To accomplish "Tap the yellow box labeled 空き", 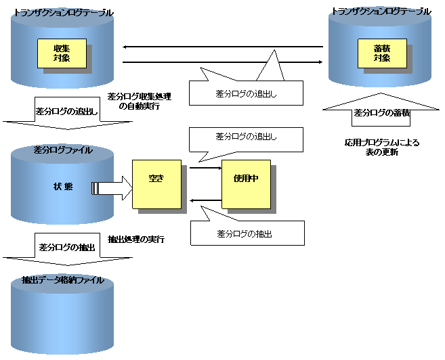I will point(156,184).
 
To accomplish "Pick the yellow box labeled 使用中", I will point(246,184).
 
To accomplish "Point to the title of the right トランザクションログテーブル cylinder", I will point(381,12).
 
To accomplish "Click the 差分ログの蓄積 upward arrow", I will point(381,111).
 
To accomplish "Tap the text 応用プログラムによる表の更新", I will point(381,148).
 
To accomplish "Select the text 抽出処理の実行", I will point(136,240).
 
